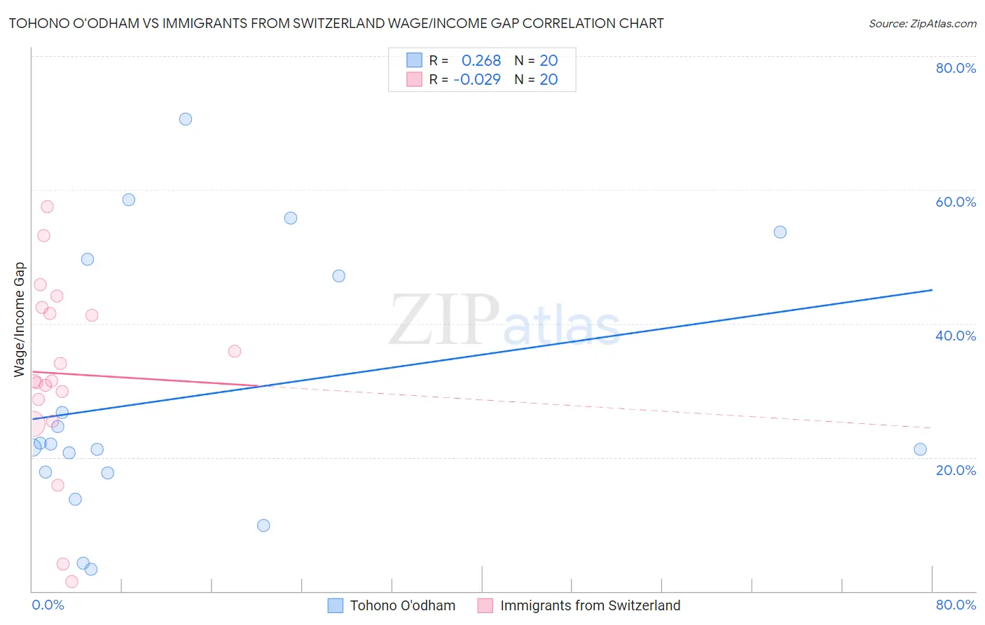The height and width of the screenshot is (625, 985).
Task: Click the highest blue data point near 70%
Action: tap(186, 119)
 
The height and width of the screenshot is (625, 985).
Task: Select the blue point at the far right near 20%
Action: tap(921, 449)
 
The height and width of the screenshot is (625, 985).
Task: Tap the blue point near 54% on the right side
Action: tap(780, 232)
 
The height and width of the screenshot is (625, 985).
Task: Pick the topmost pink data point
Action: tap(47, 207)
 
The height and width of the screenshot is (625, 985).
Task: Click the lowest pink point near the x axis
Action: tap(71, 582)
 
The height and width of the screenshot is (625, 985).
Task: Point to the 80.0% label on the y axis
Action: tap(956, 68)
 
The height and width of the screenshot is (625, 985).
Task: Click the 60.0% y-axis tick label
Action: tap(956, 202)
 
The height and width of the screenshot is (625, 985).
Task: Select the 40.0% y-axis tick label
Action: tap(956, 336)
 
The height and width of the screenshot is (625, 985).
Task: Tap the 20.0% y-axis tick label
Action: tap(956, 470)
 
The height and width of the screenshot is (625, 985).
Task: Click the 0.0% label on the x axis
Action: tap(48, 605)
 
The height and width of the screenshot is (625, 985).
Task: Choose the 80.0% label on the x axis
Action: tap(956, 605)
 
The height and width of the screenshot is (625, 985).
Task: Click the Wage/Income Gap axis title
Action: tap(20, 320)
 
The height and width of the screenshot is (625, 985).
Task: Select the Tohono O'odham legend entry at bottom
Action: tap(402, 605)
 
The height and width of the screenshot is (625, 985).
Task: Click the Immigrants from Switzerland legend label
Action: tap(590, 605)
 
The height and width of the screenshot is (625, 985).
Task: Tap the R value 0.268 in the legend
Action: tap(481, 61)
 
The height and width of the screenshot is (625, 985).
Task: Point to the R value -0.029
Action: tap(477, 80)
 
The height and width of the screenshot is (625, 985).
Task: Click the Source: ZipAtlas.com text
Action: tap(922, 24)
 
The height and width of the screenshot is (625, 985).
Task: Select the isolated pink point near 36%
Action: tap(235, 351)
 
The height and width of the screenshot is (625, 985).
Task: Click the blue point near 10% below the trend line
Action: tap(263, 526)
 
